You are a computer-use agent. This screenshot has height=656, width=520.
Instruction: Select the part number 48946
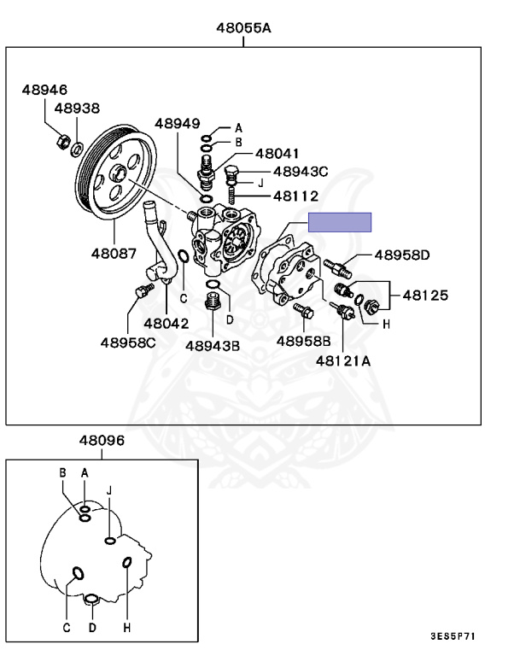click(44, 90)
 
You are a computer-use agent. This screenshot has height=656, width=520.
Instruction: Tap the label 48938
click(77, 108)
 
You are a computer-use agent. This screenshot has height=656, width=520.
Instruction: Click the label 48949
click(177, 124)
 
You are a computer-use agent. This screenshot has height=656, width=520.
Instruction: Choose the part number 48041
click(277, 153)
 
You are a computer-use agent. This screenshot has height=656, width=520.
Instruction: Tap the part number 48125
click(424, 296)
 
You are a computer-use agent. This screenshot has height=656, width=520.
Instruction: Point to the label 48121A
click(342, 361)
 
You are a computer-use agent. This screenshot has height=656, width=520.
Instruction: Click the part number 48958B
click(302, 341)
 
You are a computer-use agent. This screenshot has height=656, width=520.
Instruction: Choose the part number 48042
click(166, 324)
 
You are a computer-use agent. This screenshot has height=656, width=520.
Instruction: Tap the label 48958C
click(128, 343)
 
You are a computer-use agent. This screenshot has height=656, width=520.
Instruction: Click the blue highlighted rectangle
click(340, 222)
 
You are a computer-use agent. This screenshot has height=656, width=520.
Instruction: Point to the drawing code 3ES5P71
click(453, 636)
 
